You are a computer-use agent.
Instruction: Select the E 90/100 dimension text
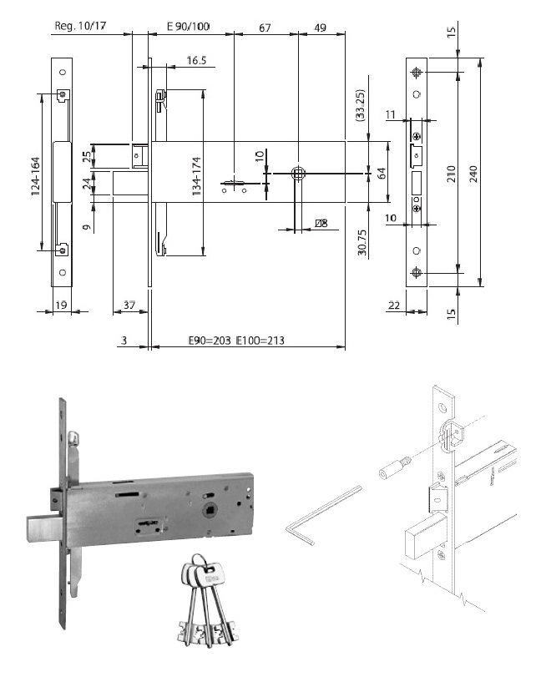point(188,27)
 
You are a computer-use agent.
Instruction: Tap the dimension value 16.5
point(197,60)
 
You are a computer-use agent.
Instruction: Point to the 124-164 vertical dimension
point(35,174)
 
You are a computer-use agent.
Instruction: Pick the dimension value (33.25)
point(360,105)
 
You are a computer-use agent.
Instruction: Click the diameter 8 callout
point(320,223)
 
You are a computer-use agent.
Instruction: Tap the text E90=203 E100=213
point(232,341)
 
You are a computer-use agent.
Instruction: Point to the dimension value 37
point(129,306)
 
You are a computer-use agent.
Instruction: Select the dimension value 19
point(62,306)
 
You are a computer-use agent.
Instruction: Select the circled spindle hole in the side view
point(297,173)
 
